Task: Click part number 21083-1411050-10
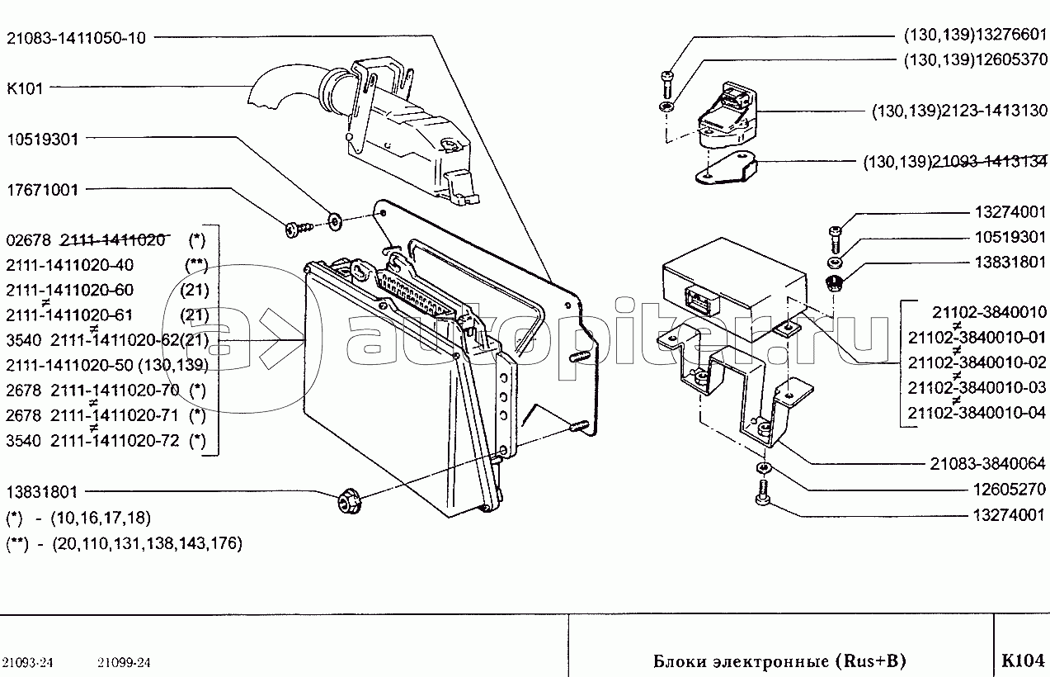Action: tap(76, 37)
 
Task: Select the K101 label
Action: tap(24, 88)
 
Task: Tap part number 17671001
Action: tap(42, 190)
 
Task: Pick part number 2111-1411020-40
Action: tap(69, 265)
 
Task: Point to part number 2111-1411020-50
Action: tap(69, 365)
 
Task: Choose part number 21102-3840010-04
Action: tap(977, 412)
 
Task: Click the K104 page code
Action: tap(1023, 660)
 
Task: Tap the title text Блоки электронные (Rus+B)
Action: tap(779, 661)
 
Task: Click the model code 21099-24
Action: tap(124, 662)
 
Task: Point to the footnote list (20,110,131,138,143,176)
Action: tap(146, 543)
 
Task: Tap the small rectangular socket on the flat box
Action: tap(697, 297)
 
